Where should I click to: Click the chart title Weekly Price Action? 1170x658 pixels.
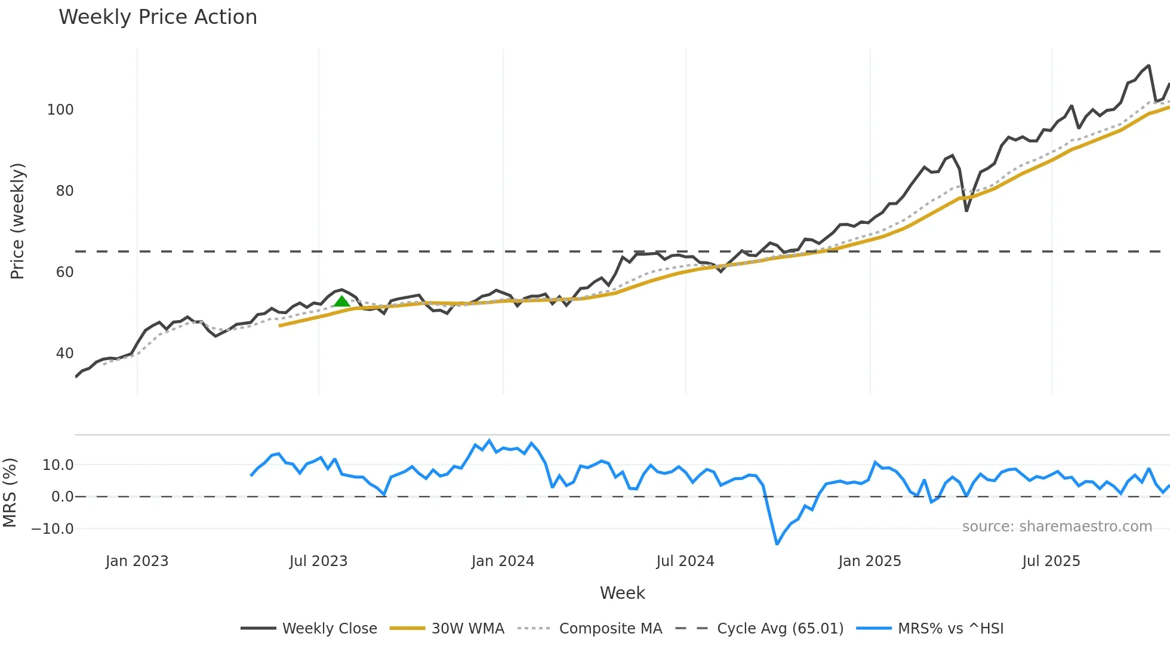pos(158,17)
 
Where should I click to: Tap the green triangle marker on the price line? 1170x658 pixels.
pos(341,301)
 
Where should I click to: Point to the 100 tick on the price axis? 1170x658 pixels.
pos(60,110)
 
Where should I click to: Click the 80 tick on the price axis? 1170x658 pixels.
pos(64,191)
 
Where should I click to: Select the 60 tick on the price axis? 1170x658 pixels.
pos(64,272)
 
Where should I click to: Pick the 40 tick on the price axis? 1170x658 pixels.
pos(64,353)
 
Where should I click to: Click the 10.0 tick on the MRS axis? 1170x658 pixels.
pos(58,465)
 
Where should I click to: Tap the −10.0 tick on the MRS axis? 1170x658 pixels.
pos(53,529)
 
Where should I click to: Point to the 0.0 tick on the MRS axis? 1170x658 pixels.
pos(62,497)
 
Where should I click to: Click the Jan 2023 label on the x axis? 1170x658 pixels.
pos(137,561)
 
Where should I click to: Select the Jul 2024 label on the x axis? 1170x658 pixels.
pos(685,561)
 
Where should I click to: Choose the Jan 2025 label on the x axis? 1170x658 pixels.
pos(869,561)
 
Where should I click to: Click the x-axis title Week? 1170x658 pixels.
pos(622,593)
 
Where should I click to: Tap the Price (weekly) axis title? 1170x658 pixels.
pos(17,221)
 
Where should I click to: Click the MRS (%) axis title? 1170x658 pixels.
pos(10,493)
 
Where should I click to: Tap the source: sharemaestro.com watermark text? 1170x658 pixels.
pos(1057,527)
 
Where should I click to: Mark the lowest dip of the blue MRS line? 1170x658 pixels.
pos(777,544)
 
